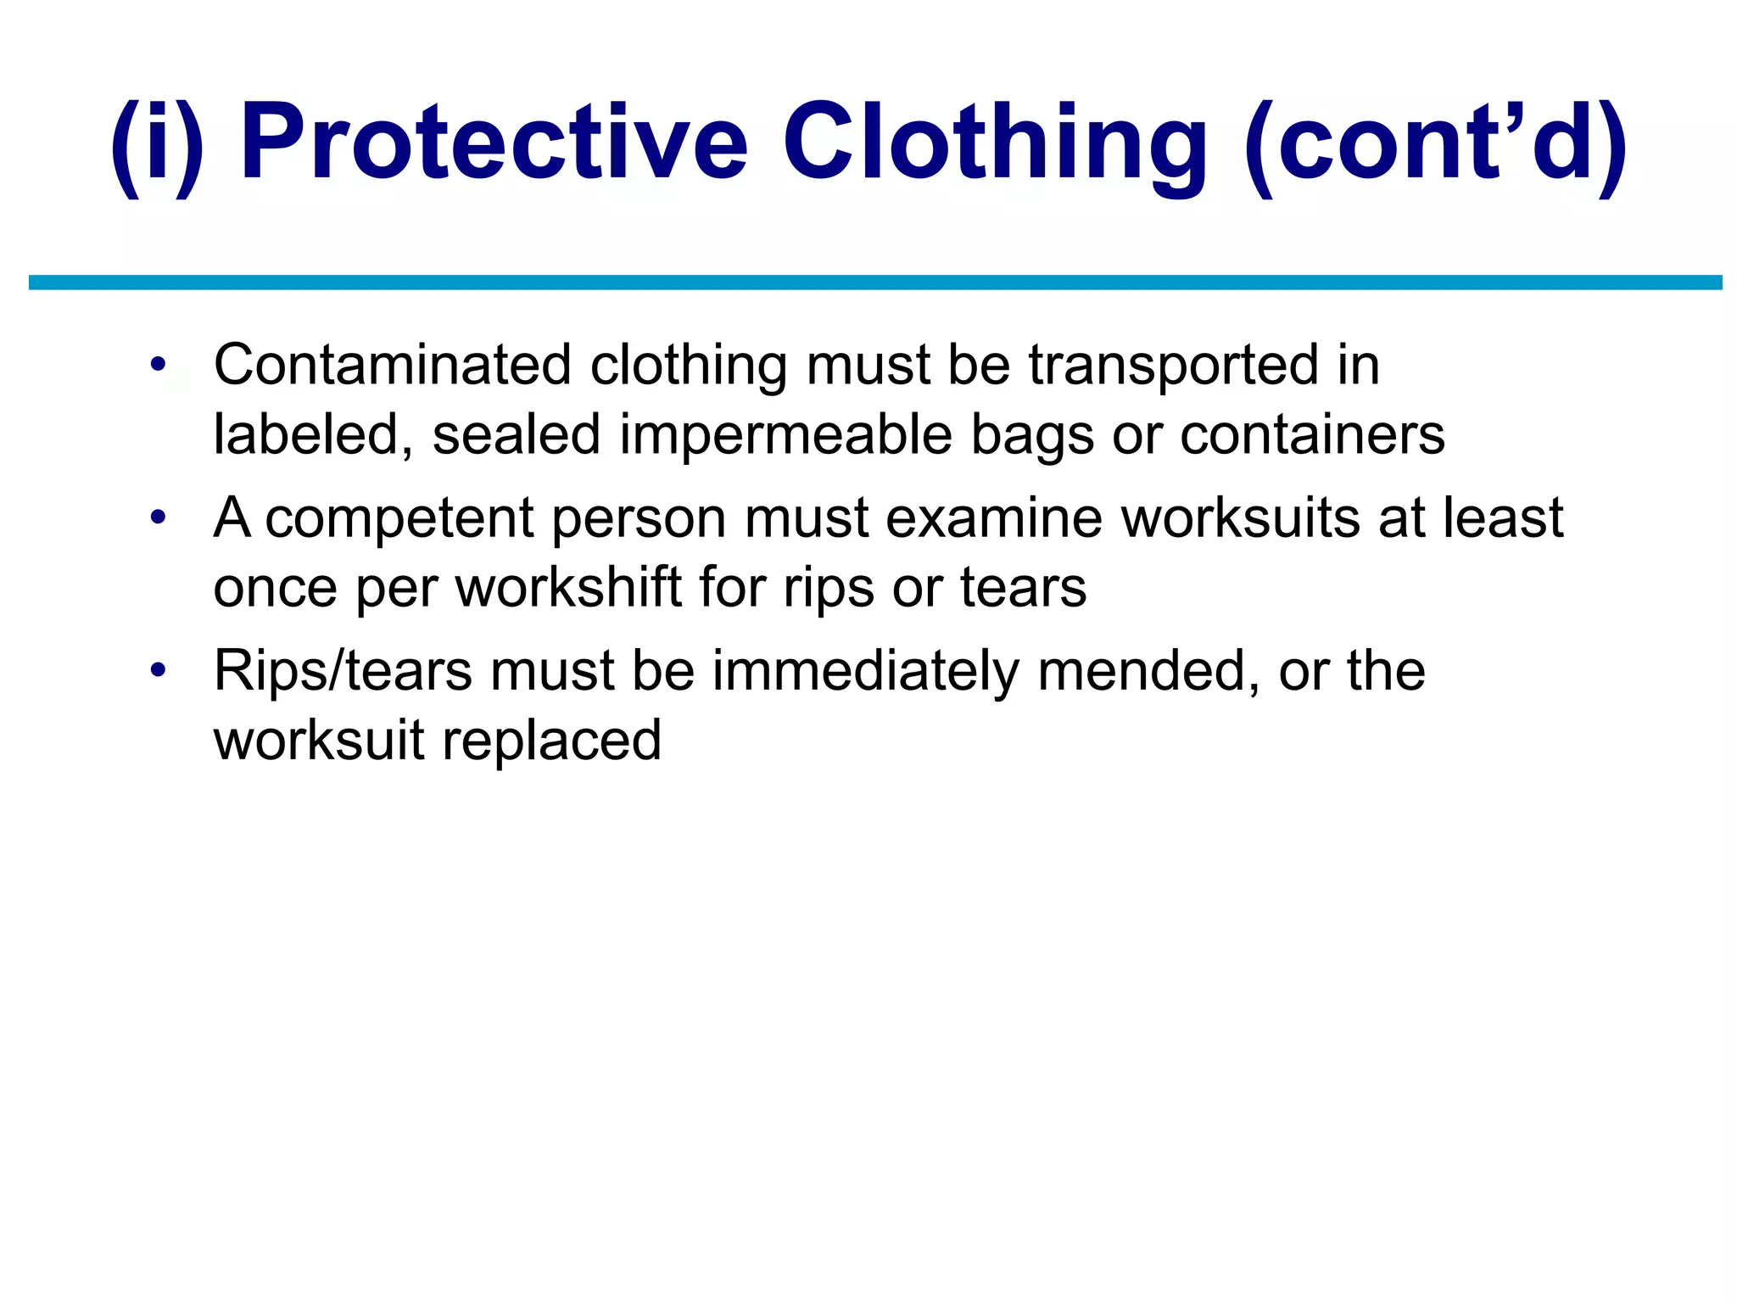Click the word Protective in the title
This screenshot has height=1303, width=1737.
[x=494, y=143]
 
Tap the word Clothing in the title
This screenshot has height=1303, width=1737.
[x=995, y=143]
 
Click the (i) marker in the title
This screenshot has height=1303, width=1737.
[x=158, y=143]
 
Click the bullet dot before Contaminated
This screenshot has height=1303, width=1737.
[x=157, y=366]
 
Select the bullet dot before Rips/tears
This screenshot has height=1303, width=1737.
[x=157, y=671]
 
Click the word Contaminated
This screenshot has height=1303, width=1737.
[x=393, y=366]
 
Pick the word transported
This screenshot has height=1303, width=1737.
[x=1174, y=366]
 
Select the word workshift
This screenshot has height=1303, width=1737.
[x=569, y=588]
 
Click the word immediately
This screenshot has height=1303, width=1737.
[x=865, y=671]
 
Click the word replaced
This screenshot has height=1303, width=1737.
[x=551, y=741]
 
